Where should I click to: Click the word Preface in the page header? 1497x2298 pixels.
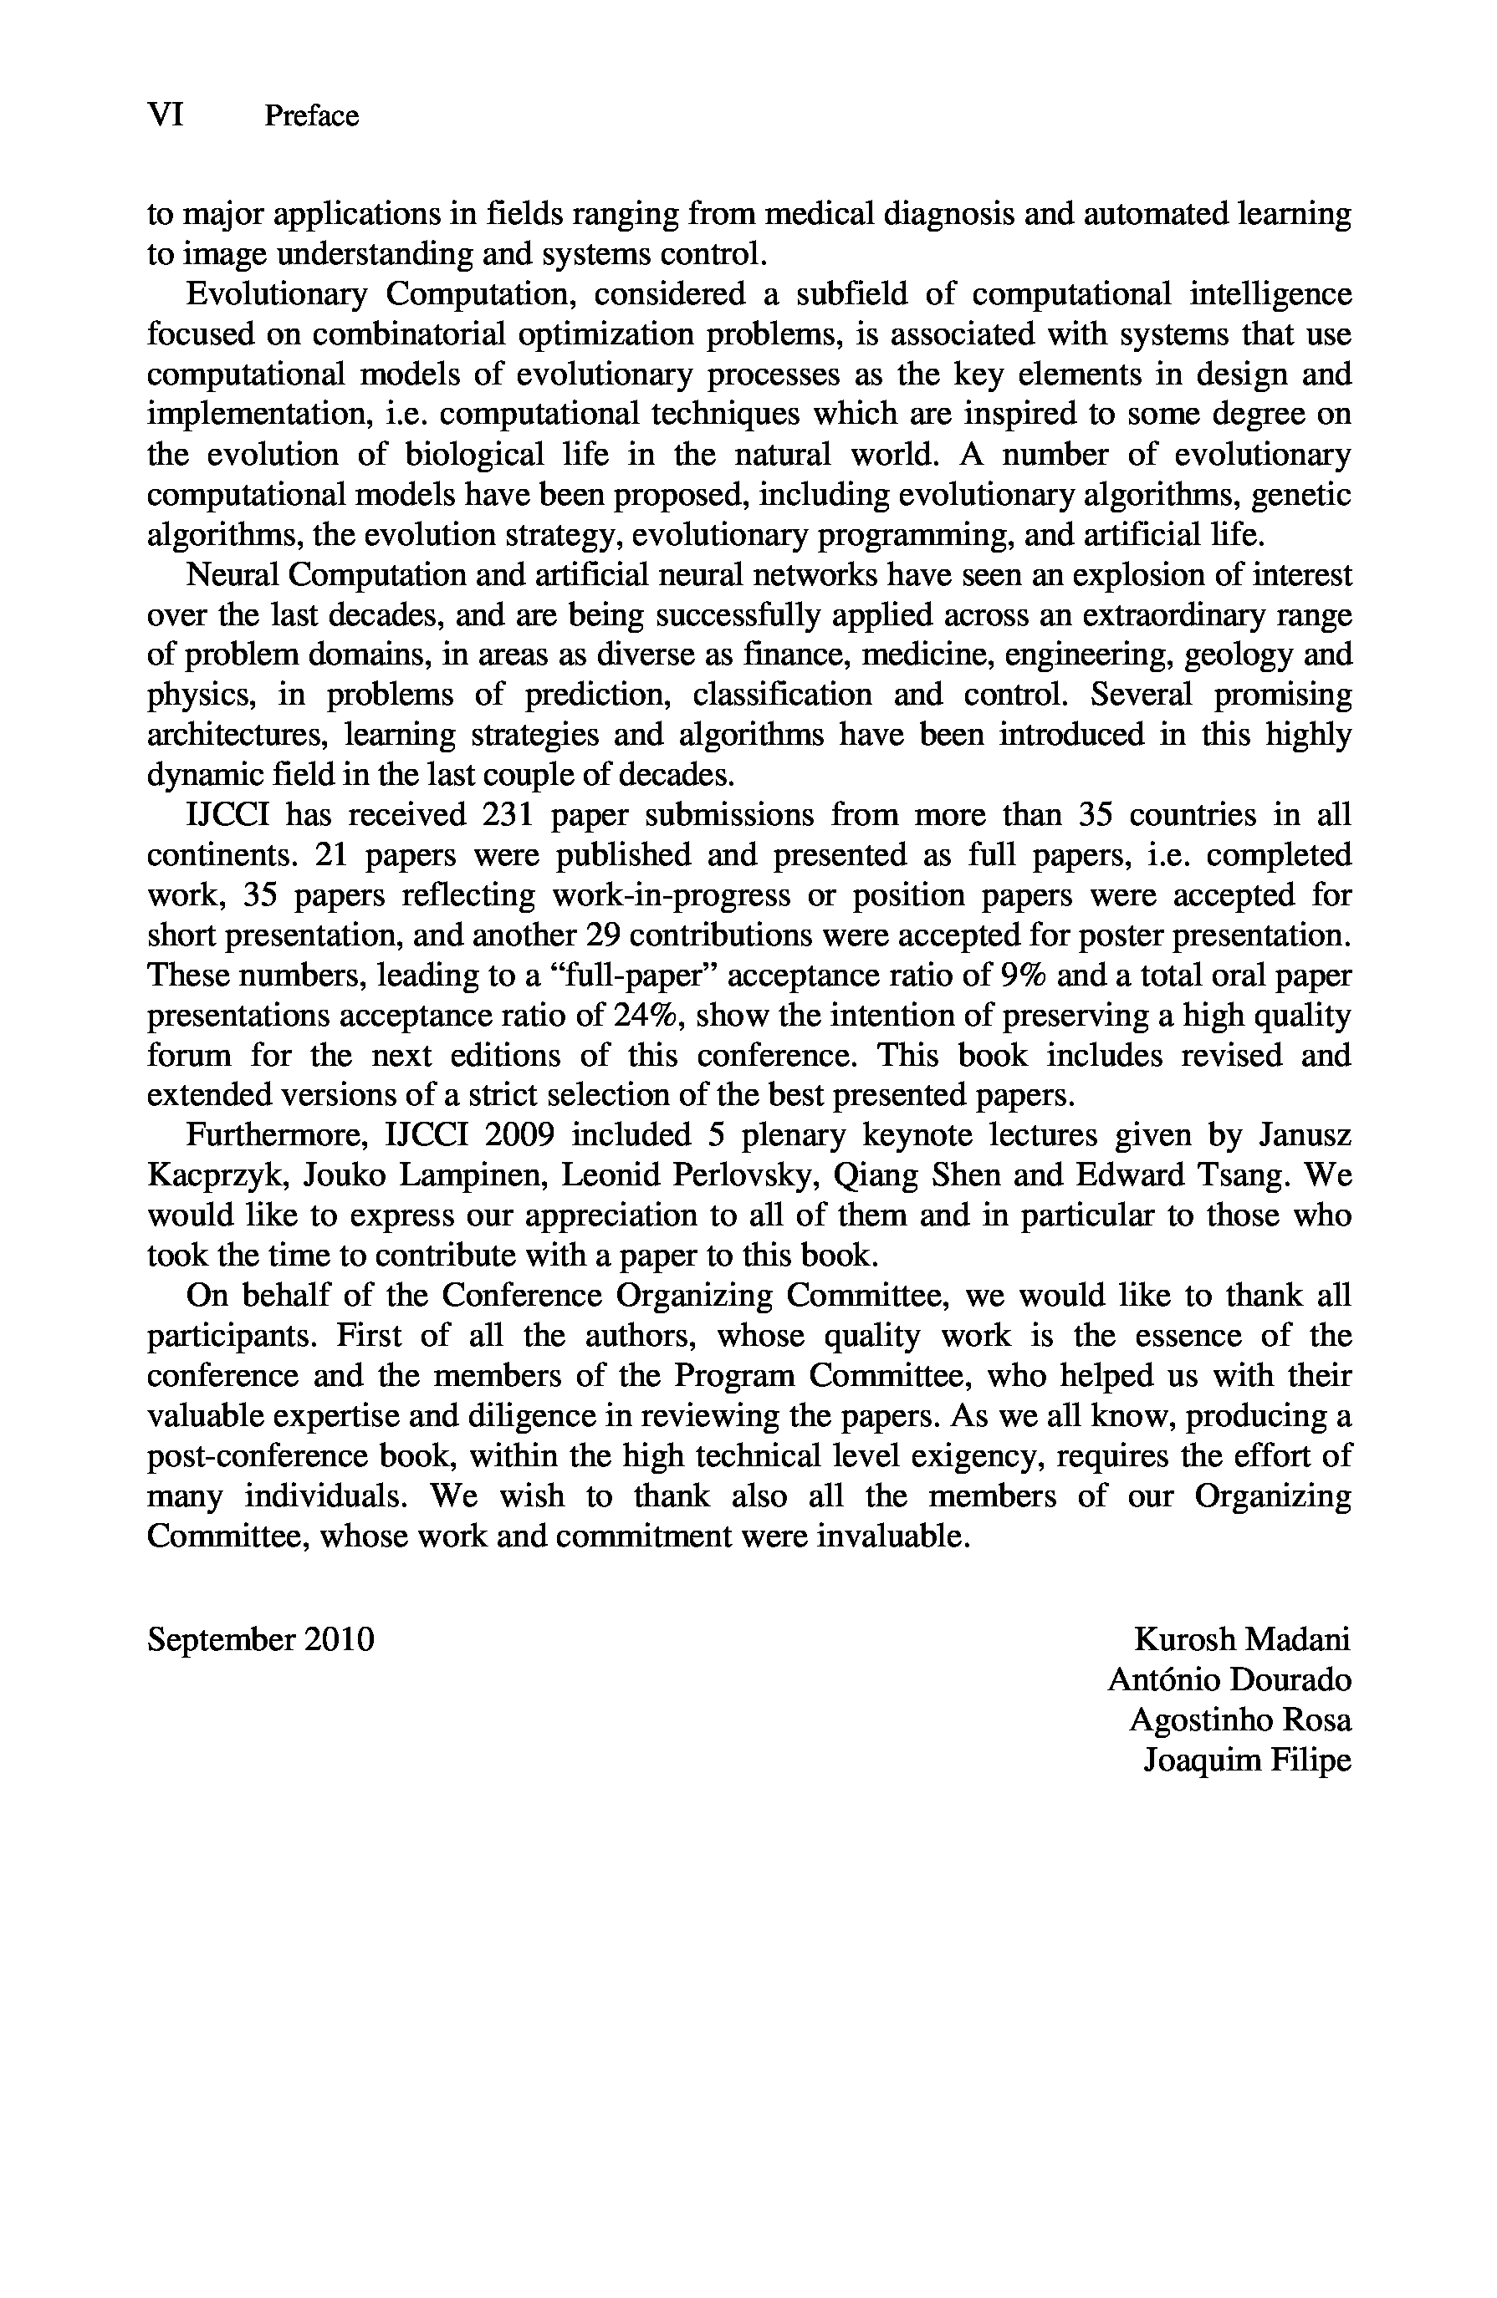tap(311, 117)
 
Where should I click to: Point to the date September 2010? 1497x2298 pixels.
tap(261, 1639)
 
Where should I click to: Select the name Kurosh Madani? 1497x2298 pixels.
tap(1242, 1639)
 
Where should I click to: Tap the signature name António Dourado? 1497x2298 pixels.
tap(1229, 1680)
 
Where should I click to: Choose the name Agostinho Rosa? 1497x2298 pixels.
tap(1240, 1720)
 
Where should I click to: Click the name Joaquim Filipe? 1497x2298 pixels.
tap(1247, 1760)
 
